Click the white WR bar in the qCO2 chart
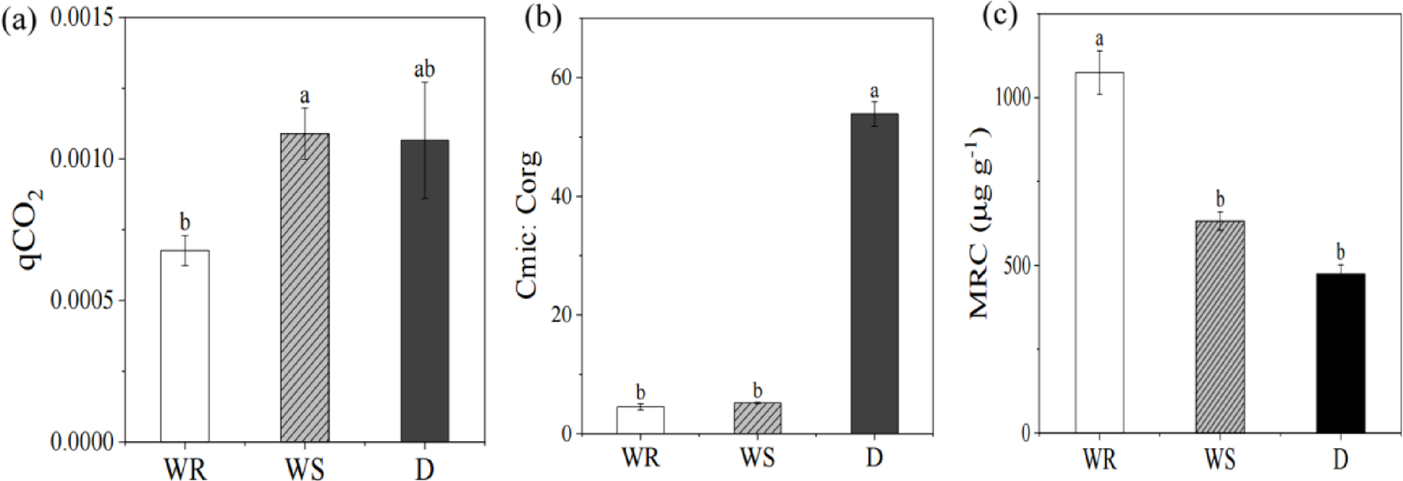pyautogui.click(x=185, y=345)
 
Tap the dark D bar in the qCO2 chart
pyautogui.click(x=424, y=291)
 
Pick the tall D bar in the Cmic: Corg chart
pyautogui.click(x=874, y=274)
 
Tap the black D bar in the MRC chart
pyautogui.click(x=1340, y=353)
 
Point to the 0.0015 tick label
pyautogui.click(x=85, y=17)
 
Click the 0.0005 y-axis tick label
pyautogui.click(x=85, y=301)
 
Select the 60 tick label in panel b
pyautogui.click(x=562, y=78)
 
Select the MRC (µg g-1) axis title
pyautogui.click(x=981, y=223)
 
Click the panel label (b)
pyautogui.click(x=543, y=19)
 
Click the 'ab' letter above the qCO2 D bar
pyautogui.click(x=424, y=69)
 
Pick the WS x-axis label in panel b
pyautogui.click(x=757, y=457)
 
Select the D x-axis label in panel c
pyautogui.click(x=1340, y=458)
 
